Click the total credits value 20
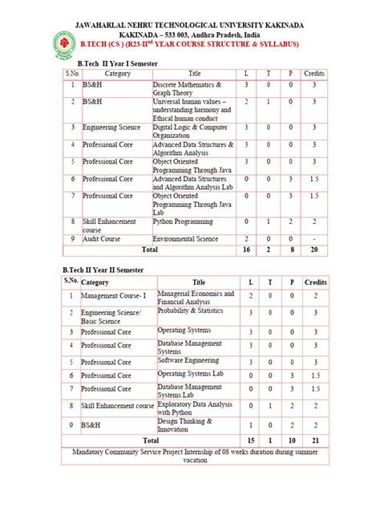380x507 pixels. coord(314,250)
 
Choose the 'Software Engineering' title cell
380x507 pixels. coord(188,362)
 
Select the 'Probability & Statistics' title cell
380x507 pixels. coord(189,310)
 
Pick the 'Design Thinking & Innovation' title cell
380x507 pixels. coord(185,424)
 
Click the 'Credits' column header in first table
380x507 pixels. coord(314,74)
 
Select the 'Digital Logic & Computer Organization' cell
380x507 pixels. coord(192,131)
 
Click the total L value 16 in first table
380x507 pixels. coord(247,250)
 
